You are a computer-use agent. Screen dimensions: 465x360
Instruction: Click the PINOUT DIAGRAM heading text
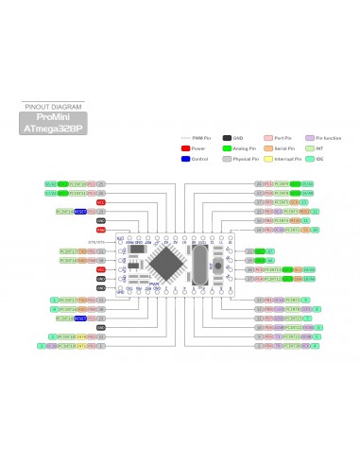click(46, 107)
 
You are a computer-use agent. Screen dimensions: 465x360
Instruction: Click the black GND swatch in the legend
click(227, 137)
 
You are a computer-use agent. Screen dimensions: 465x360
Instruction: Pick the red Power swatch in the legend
click(186, 148)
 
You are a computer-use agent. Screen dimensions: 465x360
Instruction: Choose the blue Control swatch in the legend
click(186, 159)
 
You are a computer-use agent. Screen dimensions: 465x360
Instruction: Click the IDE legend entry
click(318, 159)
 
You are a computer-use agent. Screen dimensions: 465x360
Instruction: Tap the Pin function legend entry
click(322, 137)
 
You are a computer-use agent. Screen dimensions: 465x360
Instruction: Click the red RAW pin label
click(100, 230)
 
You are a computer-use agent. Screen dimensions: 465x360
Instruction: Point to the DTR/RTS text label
click(95, 243)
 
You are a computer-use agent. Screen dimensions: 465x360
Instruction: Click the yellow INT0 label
click(82, 336)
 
